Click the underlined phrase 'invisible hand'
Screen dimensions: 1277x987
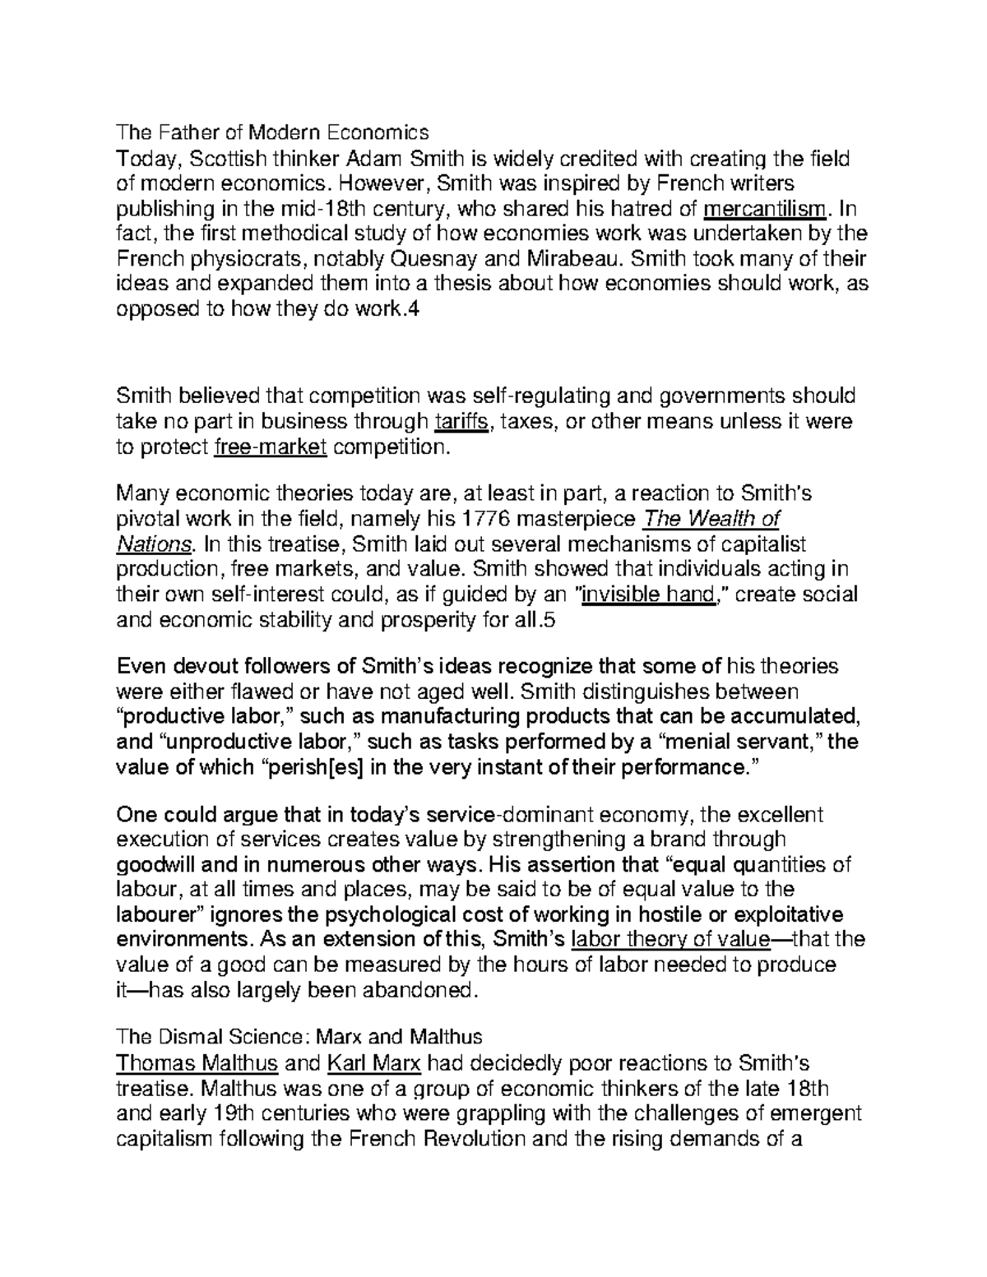(x=647, y=595)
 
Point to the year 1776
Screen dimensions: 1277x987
(x=486, y=520)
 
